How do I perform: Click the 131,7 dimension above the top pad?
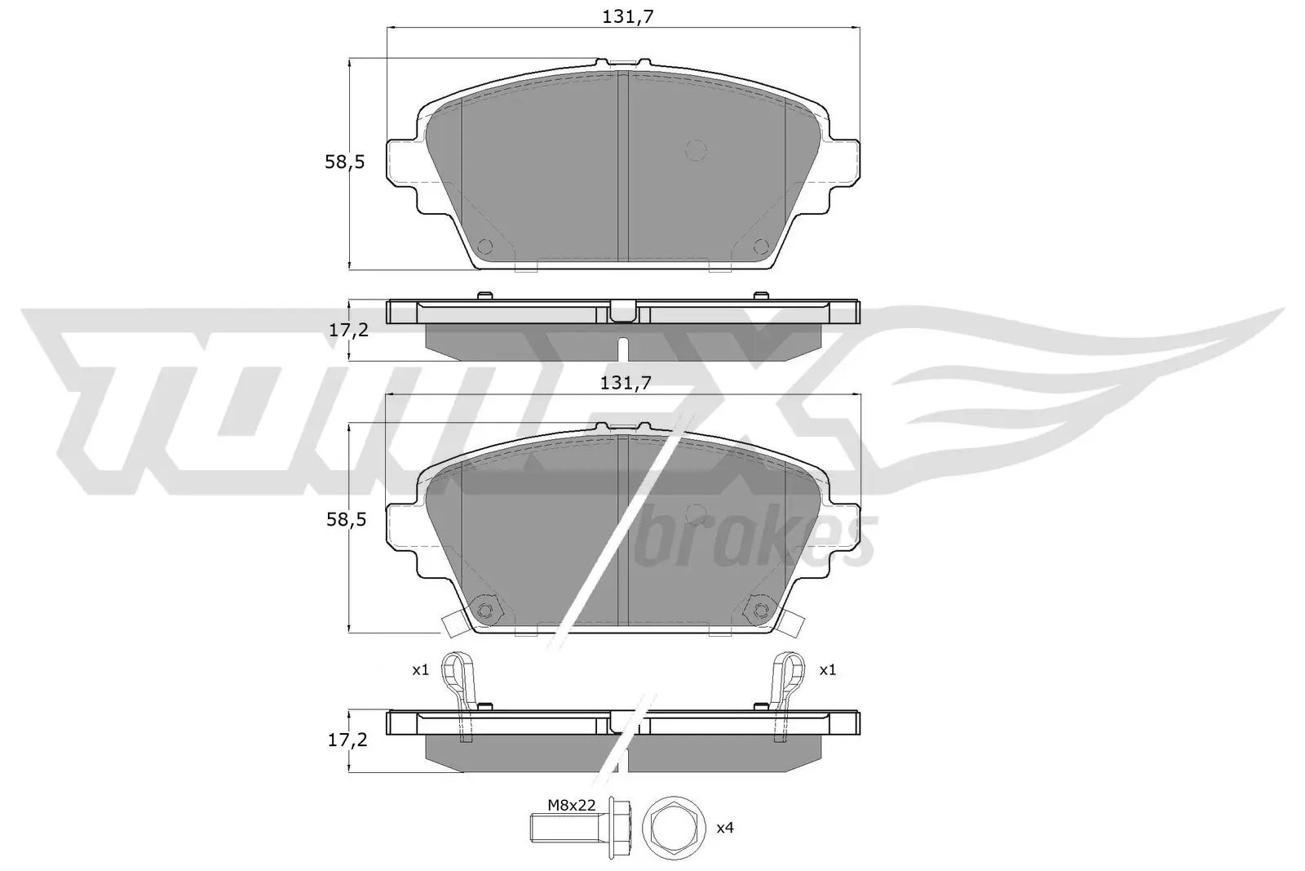click(624, 16)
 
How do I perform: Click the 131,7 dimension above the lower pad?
click(624, 383)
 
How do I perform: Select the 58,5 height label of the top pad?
click(344, 162)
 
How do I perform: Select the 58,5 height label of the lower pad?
click(344, 518)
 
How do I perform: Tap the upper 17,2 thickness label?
click(347, 330)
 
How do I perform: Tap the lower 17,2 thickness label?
click(347, 740)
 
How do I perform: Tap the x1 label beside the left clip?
click(419, 669)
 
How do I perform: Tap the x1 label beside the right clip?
click(827, 669)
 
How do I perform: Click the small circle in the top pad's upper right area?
click(695, 149)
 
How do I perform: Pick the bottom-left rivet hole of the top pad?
click(485, 246)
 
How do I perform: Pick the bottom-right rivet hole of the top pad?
click(760, 246)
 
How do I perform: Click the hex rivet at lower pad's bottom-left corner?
click(485, 610)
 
